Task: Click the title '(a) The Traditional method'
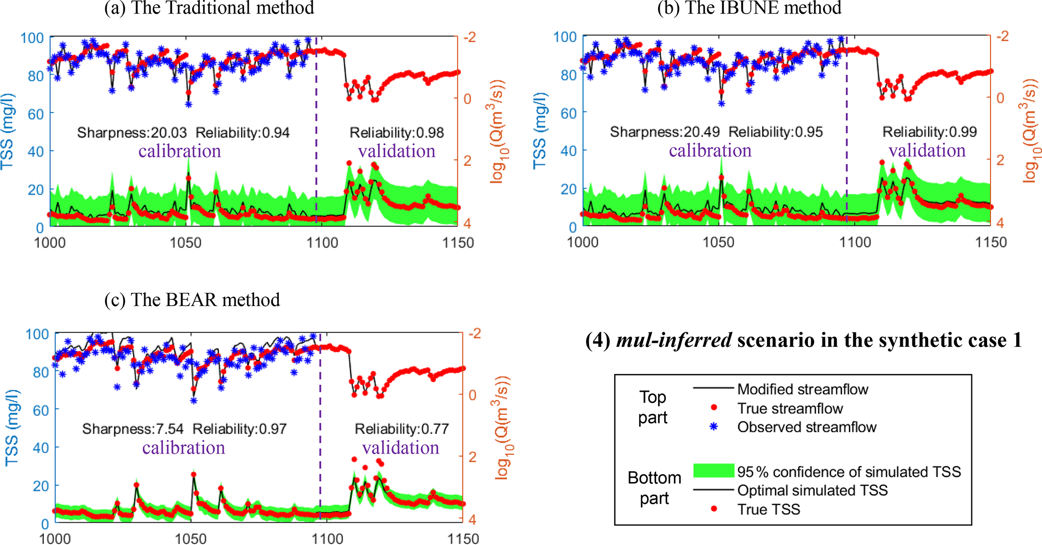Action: pyautogui.click(x=209, y=8)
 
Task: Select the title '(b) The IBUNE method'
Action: pyautogui.click(x=749, y=8)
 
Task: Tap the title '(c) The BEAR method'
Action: pyautogui.click(x=192, y=300)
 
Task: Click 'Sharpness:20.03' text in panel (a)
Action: pyautogui.click(x=132, y=133)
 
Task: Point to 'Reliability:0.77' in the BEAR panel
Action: pyautogui.click(x=401, y=429)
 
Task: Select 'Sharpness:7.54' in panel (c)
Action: pyautogui.click(x=133, y=429)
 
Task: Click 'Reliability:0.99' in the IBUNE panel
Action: pyautogui.click(x=930, y=132)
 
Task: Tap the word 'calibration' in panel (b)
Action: pyautogui.click(x=710, y=150)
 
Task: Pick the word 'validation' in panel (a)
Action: pyautogui.click(x=396, y=151)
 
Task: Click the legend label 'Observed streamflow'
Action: pyautogui.click(x=806, y=428)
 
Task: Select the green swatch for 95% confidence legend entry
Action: pyautogui.click(x=714, y=471)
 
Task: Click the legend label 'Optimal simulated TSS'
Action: pyautogui.click(x=812, y=491)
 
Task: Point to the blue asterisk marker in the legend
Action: pyautogui.click(x=714, y=427)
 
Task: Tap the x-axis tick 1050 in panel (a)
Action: pyautogui.click(x=186, y=243)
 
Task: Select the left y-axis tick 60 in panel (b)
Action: pyautogui.click(x=568, y=113)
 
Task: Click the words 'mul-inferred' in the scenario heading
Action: pyautogui.click(x=674, y=340)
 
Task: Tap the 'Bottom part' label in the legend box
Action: pyautogui.click(x=654, y=488)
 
